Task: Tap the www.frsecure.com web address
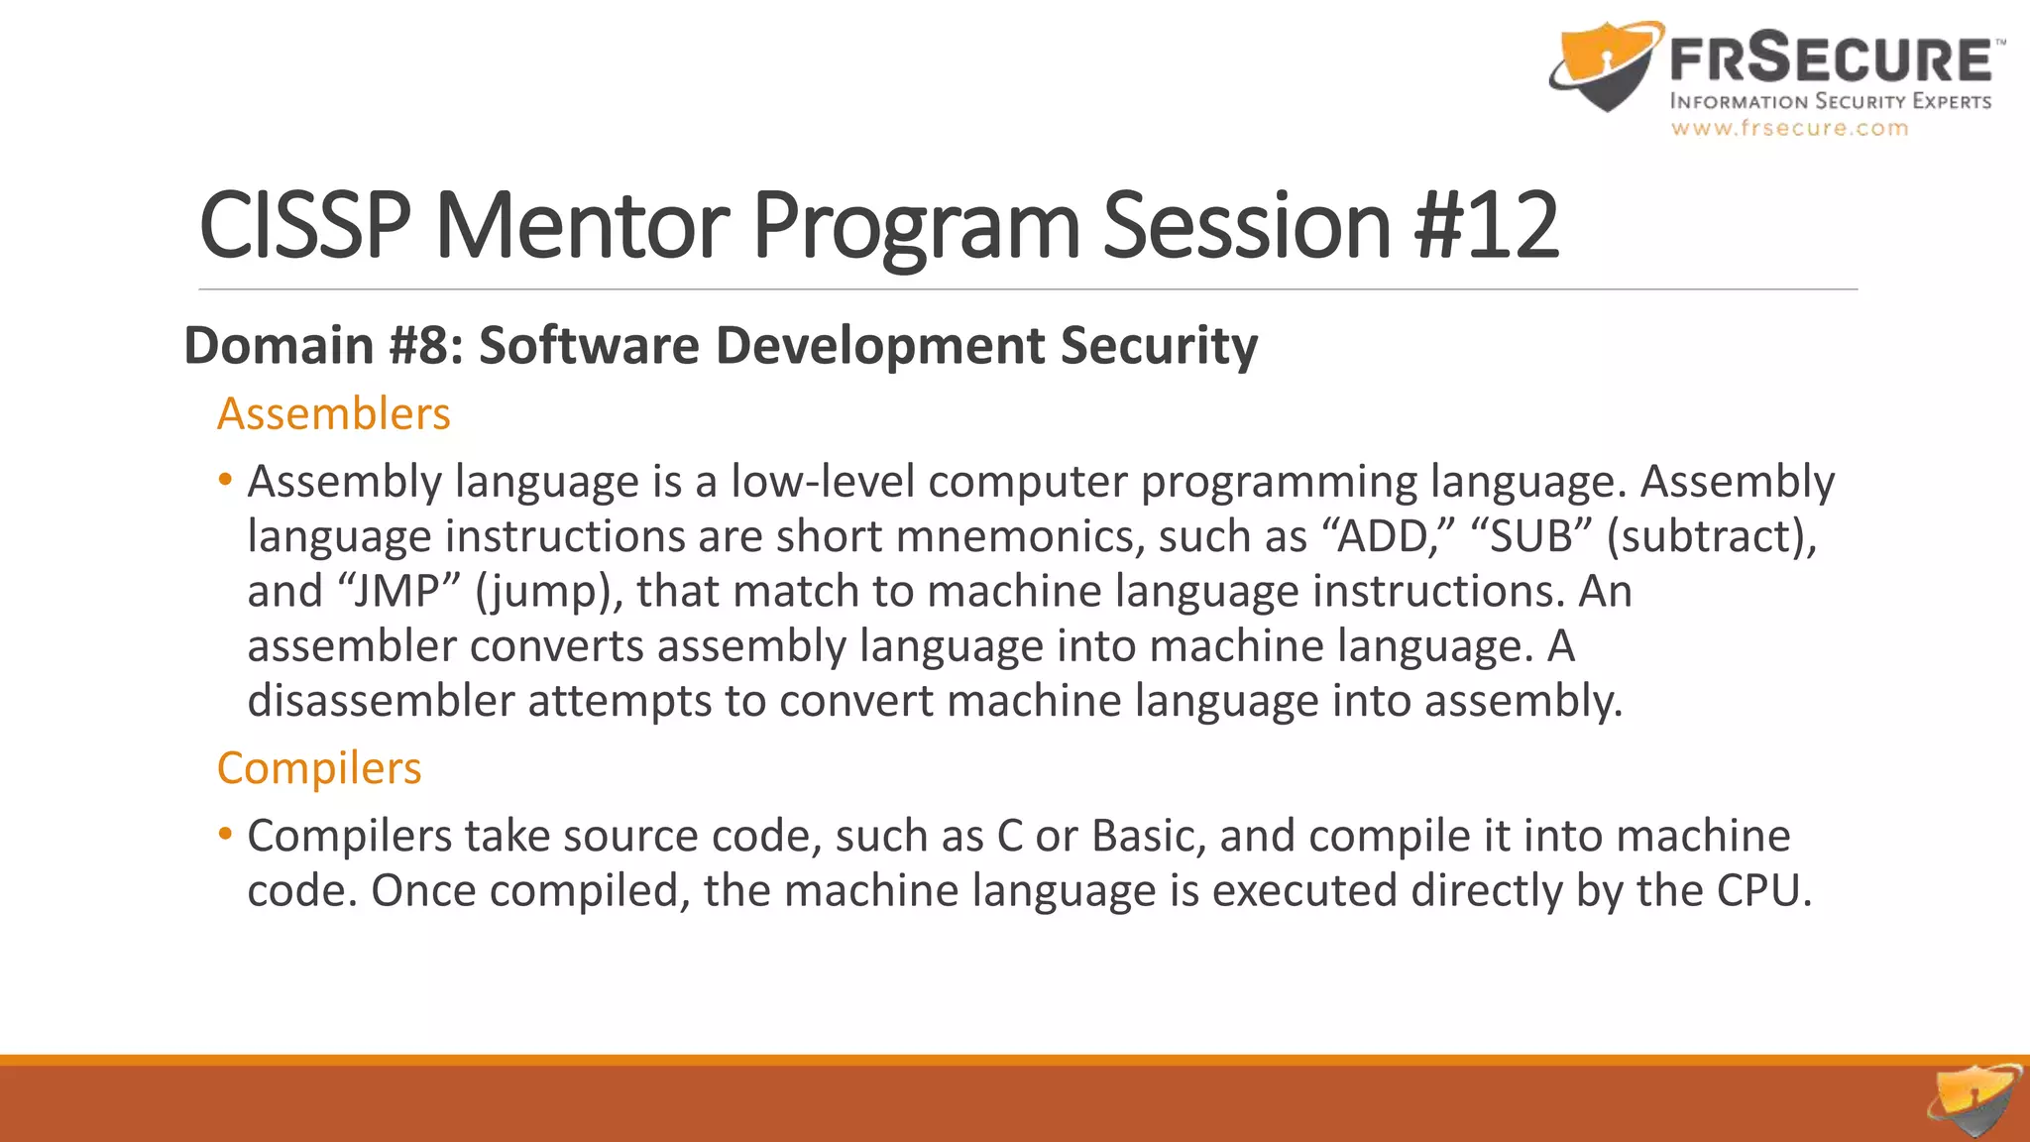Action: point(1789,128)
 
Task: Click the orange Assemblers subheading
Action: point(334,414)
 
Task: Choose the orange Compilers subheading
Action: point(319,768)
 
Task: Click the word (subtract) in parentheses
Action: point(1712,536)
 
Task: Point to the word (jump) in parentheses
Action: point(548,592)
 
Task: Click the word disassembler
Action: point(381,701)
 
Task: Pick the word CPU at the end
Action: point(1762,890)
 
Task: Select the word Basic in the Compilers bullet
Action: point(1148,836)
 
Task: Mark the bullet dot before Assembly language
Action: point(226,480)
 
